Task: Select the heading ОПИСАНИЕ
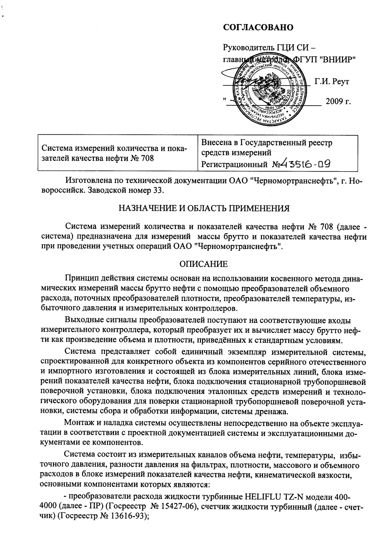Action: (x=204, y=264)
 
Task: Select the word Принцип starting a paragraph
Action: (x=79, y=279)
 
